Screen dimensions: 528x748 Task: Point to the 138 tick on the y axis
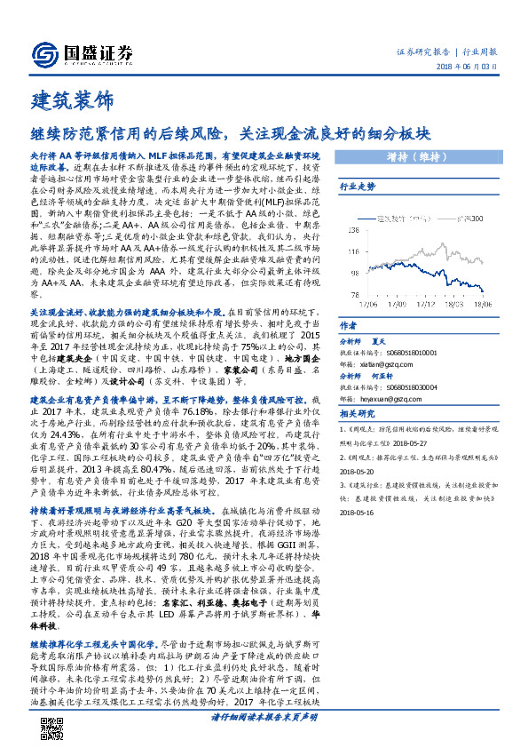point(355,219)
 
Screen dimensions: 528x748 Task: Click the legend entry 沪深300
point(469,218)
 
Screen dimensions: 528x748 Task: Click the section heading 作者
point(348,326)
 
